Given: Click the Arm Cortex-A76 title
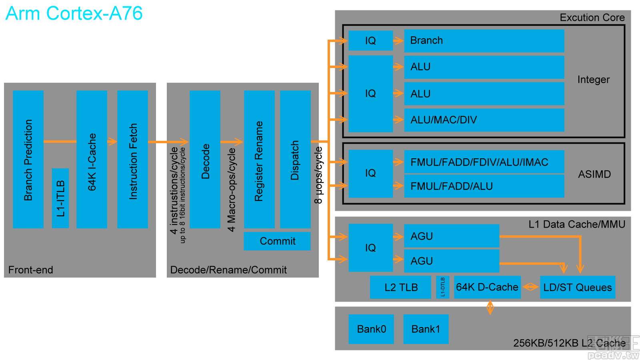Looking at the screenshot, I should click(74, 14).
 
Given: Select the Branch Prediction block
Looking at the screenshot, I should click(28, 159).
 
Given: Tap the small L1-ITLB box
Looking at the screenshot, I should click(60, 198).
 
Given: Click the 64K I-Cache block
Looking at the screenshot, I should click(92, 159).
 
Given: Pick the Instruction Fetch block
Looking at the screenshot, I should click(132, 159).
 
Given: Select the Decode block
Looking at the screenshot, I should click(205, 159).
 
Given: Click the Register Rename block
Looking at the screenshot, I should click(259, 159).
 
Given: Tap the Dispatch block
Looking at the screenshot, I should click(295, 159).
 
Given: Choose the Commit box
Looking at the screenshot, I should click(277, 241).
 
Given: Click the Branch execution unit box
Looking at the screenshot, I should click(484, 41).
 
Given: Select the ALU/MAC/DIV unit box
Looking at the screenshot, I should click(484, 120).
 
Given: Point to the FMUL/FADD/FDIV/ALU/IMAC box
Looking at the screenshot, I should click(484, 162).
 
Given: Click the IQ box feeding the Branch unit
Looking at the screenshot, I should click(370, 41).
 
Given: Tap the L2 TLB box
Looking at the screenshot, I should click(400, 287).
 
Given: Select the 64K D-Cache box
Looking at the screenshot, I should click(487, 287).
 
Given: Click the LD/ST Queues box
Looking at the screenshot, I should click(577, 287).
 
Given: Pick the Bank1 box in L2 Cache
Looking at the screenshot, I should click(426, 329).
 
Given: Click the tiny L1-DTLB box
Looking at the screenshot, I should click(442, 287).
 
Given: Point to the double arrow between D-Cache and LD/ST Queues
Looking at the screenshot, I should click(530, 287).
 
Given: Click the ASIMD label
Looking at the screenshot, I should click(594, 174).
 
